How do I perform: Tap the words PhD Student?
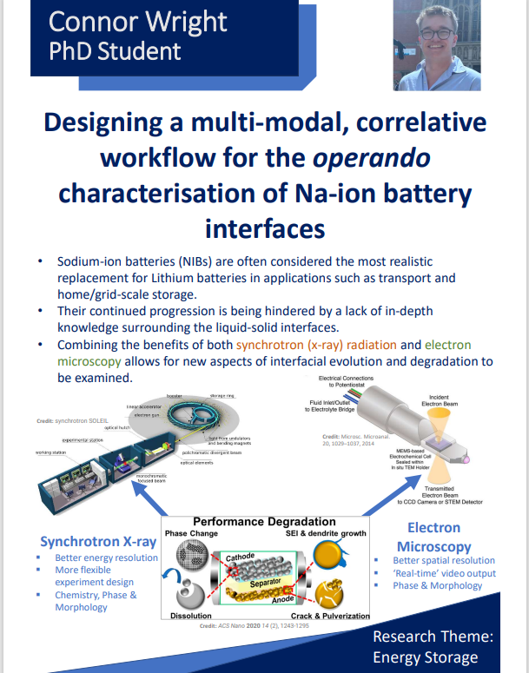coord(115,50)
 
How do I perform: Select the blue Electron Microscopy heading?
coord(433,537)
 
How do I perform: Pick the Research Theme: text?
coord(433,637)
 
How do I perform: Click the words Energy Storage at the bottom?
coord(426,658)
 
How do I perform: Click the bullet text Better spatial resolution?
coord(443,560)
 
